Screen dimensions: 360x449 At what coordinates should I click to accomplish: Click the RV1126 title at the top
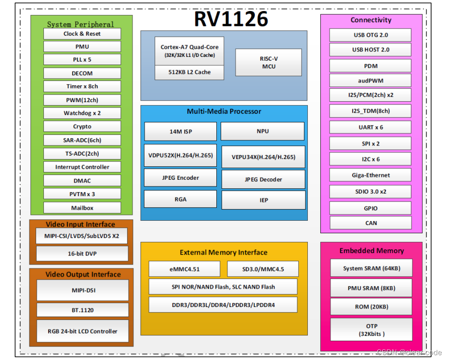click(231, 19)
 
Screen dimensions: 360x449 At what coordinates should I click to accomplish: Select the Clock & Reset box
click(82, 34)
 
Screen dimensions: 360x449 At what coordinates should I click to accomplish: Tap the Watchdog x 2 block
click(82, 113)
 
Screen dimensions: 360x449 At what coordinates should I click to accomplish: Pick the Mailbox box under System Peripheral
click(82, 208)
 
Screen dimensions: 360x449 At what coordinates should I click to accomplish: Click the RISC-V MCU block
click(268, 62)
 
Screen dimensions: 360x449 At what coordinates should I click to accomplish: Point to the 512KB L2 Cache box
click(189, 72)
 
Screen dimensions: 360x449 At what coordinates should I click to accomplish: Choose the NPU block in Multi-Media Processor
click(263, 131)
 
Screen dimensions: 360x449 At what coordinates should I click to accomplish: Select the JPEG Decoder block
click(263, 179)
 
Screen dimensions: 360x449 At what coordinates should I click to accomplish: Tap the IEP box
click(263, 200)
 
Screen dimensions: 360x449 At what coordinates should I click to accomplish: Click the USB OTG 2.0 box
click(370, 35)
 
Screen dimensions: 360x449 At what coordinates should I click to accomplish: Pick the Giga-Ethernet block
click(370, 175)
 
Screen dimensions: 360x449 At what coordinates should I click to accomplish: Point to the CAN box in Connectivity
click(370, 223)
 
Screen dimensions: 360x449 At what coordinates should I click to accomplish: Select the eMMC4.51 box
click(184, 269)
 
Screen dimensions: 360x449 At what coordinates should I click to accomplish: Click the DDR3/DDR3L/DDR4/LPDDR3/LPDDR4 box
click(223, 305)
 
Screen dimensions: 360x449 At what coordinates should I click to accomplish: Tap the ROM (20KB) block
click(371, 307)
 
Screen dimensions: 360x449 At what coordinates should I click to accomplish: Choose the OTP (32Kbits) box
click(371, 330)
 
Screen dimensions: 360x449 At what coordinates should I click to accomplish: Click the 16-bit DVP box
click(82, 253)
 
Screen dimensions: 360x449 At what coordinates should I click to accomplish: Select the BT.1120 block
click(82, 310)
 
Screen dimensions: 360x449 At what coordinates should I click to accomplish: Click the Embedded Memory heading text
click(371, 251)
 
